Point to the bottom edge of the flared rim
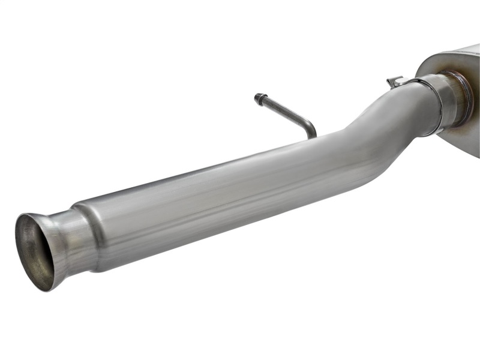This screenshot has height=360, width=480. pyautogui.click(x=46, y=288)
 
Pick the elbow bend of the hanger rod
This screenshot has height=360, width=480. pyautogui.click(x=310, y=125)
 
